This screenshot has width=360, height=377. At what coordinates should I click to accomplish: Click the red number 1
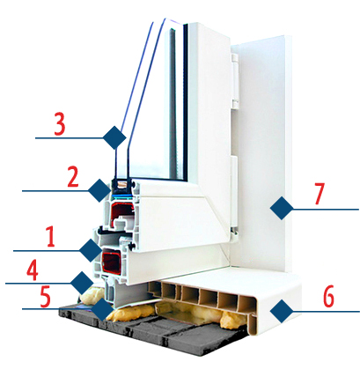coord(51,237)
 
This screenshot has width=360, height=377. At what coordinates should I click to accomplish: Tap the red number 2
coord(73,176)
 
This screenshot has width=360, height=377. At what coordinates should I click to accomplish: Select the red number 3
coord(60,125)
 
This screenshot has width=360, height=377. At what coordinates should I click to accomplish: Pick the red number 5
coord(45,297)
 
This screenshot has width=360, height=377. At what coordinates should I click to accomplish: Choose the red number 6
coord(328,296)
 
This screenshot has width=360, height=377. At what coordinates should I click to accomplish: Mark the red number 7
coord(320,193)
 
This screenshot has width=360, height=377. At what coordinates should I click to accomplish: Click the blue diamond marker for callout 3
coord(114,137)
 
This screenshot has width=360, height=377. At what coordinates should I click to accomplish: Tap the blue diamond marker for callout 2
coord(99,191)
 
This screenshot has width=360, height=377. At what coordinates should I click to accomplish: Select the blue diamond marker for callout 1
coord(91,250)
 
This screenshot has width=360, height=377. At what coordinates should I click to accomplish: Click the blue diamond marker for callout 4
coord(82,283)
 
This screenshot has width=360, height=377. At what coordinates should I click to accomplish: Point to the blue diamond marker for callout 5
coord(102,309)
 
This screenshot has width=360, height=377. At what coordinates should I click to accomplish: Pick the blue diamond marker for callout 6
coord(282,311)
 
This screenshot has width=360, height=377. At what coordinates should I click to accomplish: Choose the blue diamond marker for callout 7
coord(282,208)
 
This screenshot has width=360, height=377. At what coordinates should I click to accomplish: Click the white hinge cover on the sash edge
coord(235,81)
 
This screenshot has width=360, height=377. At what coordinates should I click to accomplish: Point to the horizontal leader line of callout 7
coord(326,210)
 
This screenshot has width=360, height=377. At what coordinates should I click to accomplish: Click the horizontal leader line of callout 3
coord(70,137)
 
